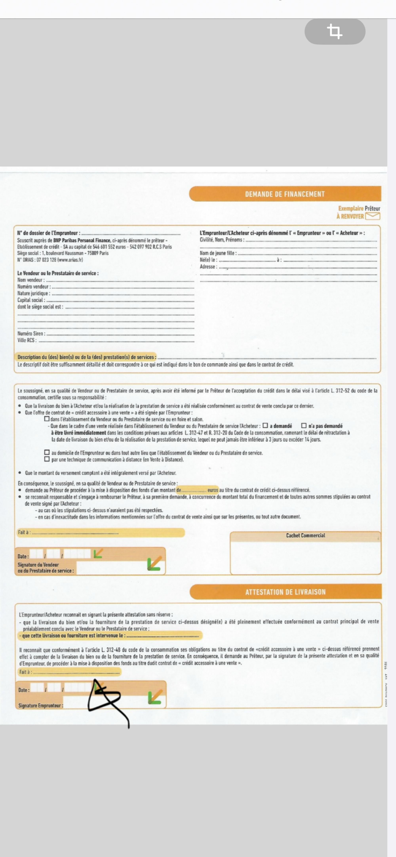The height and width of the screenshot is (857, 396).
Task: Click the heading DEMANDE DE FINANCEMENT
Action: (285, 194)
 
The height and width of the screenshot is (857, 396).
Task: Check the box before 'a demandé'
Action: (265, 426)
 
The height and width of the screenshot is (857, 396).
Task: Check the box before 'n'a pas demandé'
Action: (304, 426)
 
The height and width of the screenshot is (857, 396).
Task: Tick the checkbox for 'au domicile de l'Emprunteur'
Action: (47, 452)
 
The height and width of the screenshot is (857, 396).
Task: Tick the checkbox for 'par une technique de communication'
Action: (47, 459)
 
